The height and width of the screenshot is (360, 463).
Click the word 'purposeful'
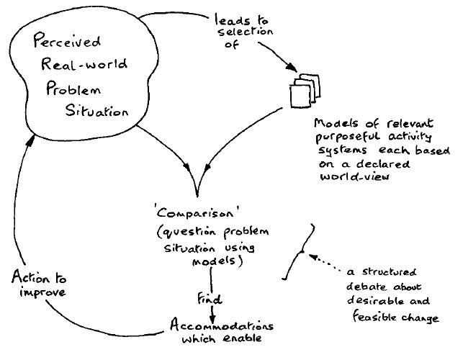coord(343,138)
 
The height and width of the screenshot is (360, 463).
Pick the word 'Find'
coord(209,297)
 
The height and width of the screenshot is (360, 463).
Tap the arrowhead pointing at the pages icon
coord(293,68)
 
